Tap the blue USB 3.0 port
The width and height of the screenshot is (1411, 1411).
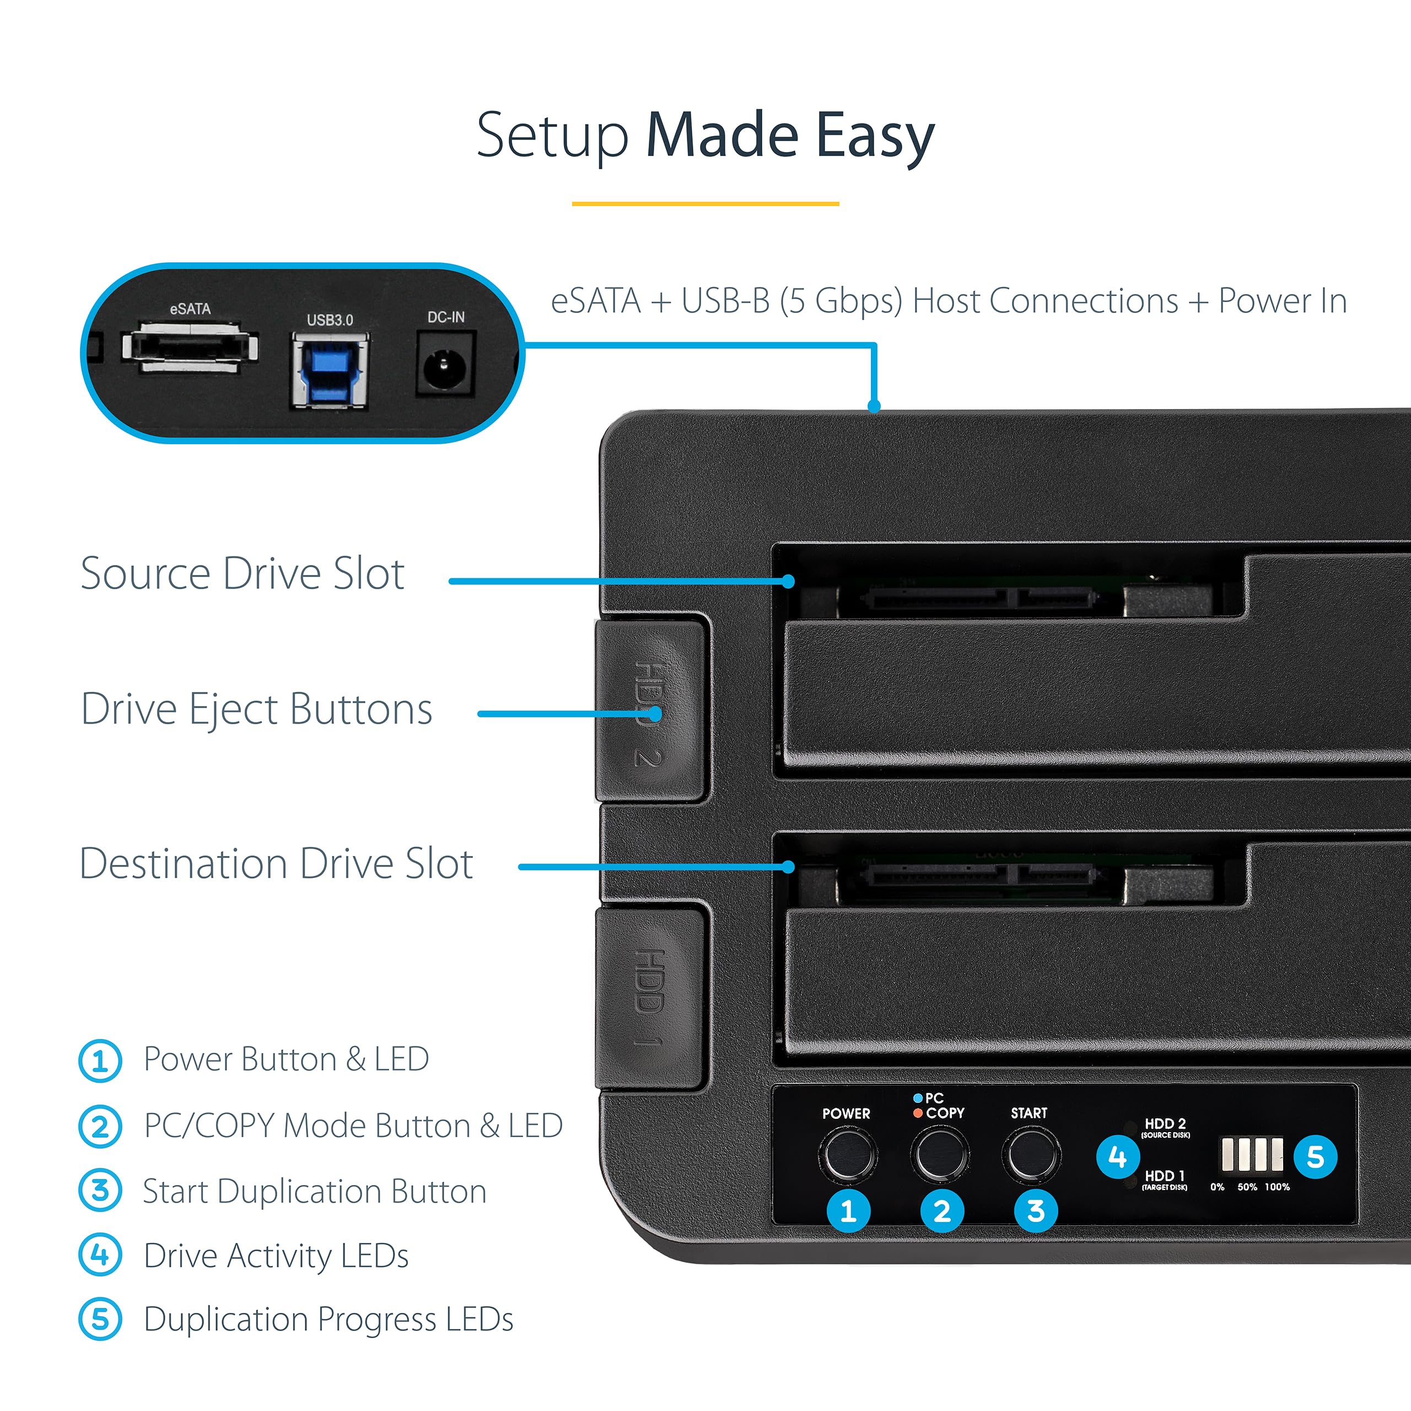click(330, 370)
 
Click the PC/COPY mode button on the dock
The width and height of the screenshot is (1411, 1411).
click(939, 1154)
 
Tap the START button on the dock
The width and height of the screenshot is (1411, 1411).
click(1031, 1154)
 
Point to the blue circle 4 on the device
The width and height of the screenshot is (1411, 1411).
click(1117, 1156)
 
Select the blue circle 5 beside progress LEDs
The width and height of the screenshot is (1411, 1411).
click(1315, 1156)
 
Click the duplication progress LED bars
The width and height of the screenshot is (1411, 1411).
click(1252, 1154)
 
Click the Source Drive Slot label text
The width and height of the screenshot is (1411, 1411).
click(242, 573)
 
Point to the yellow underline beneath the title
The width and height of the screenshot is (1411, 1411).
click(705, 204)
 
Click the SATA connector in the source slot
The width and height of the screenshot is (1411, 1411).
click(979, 600)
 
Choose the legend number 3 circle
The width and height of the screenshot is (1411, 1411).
click(100, 1191)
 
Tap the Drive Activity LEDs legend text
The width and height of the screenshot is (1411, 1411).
click(276, 1256)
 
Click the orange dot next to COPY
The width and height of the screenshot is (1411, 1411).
click(918, 1113)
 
